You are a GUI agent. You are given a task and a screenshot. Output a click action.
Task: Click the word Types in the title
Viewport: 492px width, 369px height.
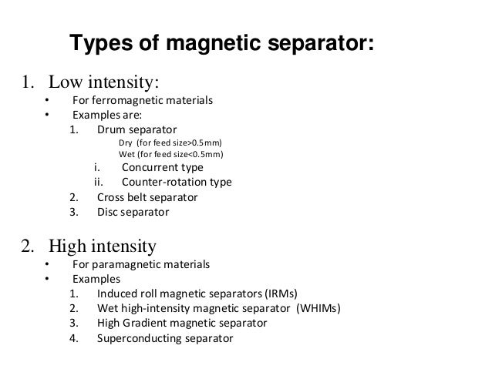[98, 45]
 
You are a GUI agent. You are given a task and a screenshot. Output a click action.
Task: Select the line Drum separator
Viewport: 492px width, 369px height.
[136, 129]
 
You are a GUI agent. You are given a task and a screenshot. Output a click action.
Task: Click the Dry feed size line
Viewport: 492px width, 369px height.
[174, 143]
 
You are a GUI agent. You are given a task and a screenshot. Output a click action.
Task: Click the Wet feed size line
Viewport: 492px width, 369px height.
[174, 155]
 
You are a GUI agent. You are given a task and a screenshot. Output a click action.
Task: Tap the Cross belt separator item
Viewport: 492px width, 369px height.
[147, 197]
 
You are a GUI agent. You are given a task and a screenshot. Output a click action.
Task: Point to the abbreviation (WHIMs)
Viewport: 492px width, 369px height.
[318, 308]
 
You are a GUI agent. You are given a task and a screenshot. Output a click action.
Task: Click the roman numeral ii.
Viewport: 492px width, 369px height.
[98, 183]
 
